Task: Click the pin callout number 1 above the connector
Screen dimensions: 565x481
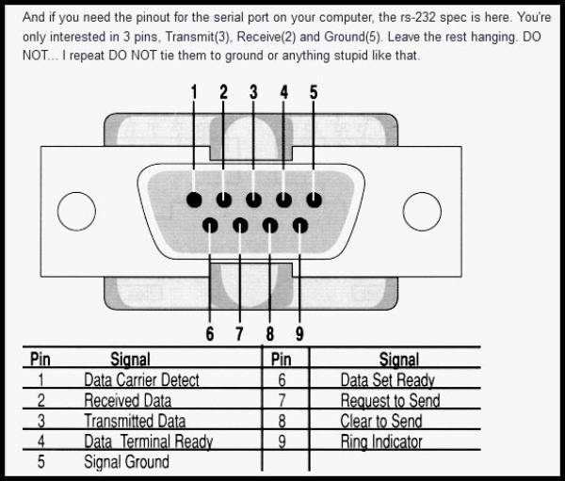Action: (194, 92)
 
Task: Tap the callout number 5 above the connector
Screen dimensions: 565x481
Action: (314, 92)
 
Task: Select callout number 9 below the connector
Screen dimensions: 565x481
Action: (299, 333)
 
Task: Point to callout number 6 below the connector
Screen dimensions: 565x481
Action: (210, 333)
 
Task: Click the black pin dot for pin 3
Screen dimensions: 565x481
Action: (253, 200)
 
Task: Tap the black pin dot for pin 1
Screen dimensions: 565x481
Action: (194, 200)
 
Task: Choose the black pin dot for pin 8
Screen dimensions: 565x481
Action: (270, 226)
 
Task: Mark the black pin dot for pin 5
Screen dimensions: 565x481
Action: (314, 200)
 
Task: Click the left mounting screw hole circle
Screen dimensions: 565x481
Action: (76, 212)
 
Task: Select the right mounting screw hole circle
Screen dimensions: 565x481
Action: (422, 212)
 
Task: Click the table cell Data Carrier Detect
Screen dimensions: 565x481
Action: (141, 380)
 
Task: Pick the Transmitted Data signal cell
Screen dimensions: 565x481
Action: (135, 421)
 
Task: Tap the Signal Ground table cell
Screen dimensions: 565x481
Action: (126, 462)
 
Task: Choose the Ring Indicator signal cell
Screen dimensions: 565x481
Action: (381, 442)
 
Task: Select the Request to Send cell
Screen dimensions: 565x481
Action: (390, 401)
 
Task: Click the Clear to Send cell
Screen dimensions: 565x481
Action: (381, 421)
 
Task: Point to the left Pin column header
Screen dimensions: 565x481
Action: (40, 360)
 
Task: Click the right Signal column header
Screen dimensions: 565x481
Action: (399, 360)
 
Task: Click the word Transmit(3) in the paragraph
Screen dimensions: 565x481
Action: (198, 37)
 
